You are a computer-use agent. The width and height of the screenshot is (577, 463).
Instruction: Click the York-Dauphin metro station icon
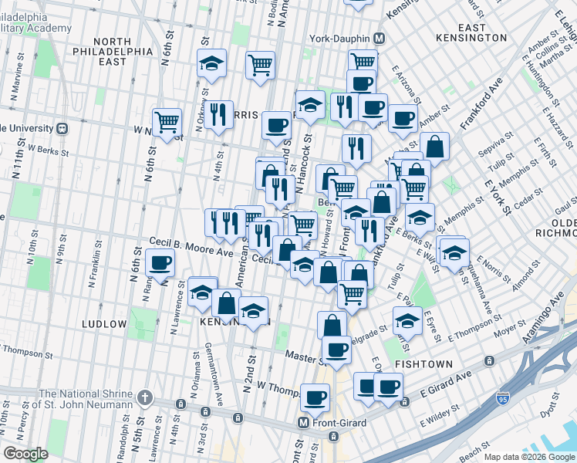(379, 38)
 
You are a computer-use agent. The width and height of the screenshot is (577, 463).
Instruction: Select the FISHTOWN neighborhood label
(422, 363)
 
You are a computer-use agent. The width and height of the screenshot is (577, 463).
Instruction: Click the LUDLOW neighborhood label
(104, 324)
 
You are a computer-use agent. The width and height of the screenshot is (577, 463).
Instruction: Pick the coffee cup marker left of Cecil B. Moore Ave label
(160, 262)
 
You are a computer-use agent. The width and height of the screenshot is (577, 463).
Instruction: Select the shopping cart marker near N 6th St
(167, 120)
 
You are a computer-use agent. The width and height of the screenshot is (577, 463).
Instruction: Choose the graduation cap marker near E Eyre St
(407, 319)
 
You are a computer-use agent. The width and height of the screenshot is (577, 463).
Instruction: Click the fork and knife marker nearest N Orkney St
(218, 114)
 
